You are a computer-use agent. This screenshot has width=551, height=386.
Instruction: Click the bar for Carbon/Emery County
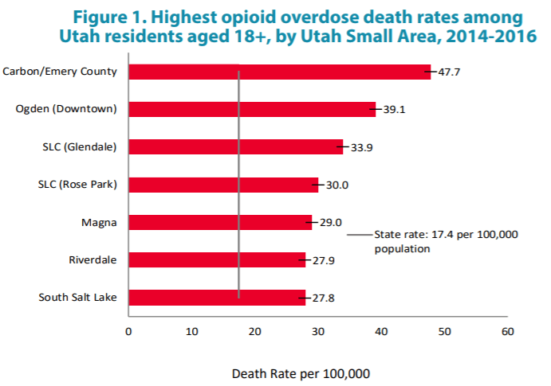(x=279, y=72)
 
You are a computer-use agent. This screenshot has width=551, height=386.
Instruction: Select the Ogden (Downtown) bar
(x=251, y=109)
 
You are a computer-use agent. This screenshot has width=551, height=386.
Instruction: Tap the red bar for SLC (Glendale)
(x=235, y=146)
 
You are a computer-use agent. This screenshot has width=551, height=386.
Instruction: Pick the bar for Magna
(x=219, y=222)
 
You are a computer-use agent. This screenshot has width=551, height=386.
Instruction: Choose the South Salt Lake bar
(x=216, y=298)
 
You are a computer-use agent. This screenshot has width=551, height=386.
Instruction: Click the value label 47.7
(x=449, y=72)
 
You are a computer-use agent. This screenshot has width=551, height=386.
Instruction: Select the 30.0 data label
(x=337, y=185)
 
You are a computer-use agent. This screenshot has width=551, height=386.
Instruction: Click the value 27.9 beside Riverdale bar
(x=325, y=260)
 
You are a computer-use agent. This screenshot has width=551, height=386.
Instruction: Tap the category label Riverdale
(x=93, y=259)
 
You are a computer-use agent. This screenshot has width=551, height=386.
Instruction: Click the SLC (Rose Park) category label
(x=77, y=185)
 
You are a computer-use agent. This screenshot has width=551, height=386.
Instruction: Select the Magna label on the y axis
(x=100, y=222)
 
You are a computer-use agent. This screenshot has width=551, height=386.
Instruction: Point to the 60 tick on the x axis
(x=506, y=331)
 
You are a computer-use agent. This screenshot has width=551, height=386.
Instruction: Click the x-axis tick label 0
(x=128, y=331)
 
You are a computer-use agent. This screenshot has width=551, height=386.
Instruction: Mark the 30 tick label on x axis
(x=317, y=331)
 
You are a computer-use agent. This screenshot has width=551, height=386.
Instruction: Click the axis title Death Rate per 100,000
(x=301, y=372)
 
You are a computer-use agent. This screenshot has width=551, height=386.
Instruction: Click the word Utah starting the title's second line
(x=80, y=36)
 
